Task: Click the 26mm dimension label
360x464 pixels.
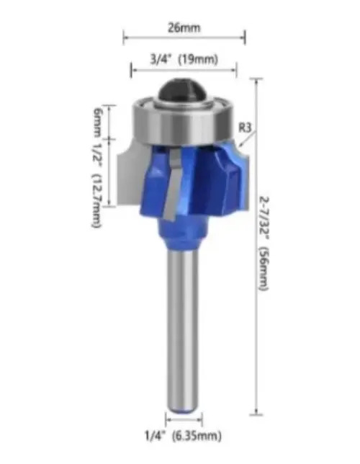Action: [184, 28]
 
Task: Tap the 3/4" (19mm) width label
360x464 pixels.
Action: [184, 59]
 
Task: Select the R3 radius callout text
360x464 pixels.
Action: [245, 128]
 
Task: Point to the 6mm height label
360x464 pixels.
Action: [96, 122]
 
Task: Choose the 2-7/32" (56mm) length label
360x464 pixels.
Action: [264, 244]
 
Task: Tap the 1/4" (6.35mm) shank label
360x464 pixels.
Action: [183, 436]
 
